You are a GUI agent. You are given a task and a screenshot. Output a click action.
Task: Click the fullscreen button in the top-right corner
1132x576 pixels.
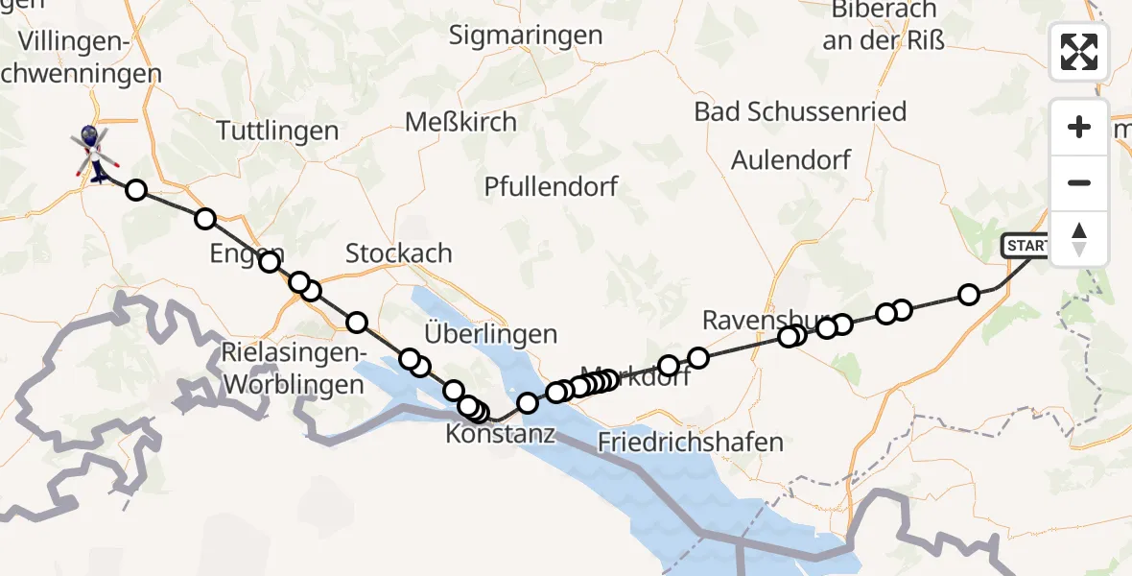pos(1079,52)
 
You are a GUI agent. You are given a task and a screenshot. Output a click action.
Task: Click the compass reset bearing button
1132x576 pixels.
pos(1079,239)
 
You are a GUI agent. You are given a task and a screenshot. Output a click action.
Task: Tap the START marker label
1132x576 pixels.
pos(1026,247)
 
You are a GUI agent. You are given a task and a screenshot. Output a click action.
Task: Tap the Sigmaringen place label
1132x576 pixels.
pos(527,36)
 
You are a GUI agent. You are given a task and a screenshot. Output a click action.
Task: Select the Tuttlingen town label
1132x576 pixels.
pos(277,131)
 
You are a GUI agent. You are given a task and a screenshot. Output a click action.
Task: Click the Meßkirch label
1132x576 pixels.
pos(460,122)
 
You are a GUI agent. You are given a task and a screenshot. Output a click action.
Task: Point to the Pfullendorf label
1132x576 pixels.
pos(552,185)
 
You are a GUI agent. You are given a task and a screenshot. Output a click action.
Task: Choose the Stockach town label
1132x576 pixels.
pos(398,253)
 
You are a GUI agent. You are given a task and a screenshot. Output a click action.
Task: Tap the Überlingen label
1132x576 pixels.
pos(489,334)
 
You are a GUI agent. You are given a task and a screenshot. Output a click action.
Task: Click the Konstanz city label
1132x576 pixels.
pos(500,434)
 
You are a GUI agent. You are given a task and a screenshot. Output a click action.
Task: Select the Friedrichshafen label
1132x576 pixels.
pos(690,443)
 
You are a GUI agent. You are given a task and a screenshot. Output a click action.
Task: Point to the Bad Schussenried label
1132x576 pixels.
pos(800,111)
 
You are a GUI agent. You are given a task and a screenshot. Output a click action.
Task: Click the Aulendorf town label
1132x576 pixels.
pos(790,159)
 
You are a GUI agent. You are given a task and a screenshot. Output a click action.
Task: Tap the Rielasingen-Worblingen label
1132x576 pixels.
pos(293,369)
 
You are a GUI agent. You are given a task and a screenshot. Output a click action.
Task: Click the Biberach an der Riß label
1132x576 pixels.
pos(882,25)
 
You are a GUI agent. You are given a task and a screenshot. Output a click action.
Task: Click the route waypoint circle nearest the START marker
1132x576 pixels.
pos(969,295)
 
